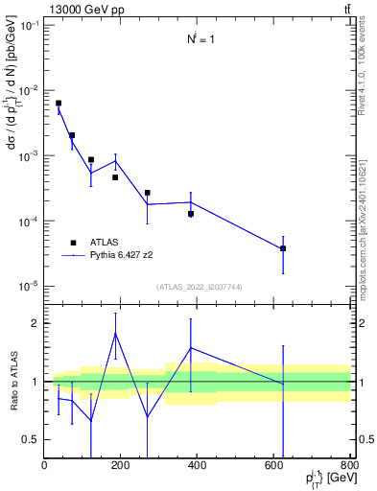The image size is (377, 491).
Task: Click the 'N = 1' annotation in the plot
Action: (x=200, y=39)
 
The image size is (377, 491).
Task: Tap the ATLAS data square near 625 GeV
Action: (x=283, y=248)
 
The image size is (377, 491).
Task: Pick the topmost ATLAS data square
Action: (x=59, y=104)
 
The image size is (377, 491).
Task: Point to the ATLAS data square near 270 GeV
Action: (x=148, y=193)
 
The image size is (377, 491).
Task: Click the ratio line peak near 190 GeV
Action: (x=116, y=333)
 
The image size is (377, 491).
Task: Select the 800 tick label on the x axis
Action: (x=349, y=466)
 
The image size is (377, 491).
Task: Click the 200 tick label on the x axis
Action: (x=121, y=466)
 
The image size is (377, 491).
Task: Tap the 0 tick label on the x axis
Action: (x=44, y=466)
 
